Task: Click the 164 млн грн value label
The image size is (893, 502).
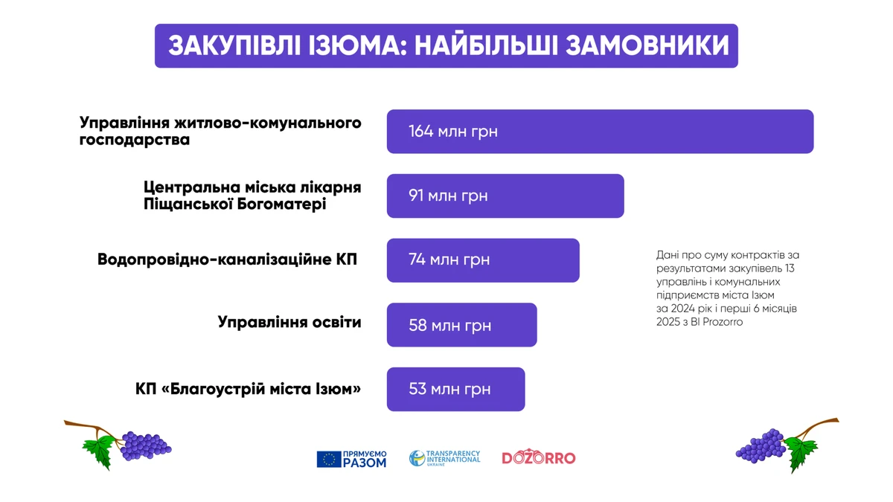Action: tap(453, 132)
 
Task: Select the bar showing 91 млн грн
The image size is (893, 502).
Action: tap(505, 196)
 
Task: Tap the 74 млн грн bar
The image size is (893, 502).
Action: tap(483, 260)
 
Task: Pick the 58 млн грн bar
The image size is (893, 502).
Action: tap(461, 325)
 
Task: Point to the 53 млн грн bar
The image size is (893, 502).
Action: tap(455, 389)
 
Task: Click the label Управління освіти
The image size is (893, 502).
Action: tap(289, 322)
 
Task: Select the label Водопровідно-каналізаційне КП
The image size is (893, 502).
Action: tap(227, 260)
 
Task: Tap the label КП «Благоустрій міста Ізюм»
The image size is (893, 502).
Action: tap(248, 388)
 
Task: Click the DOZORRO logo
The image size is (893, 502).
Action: tap(539, 457)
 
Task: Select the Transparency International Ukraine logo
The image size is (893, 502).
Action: tap(445, 458)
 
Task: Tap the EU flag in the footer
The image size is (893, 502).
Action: tap(329, 459)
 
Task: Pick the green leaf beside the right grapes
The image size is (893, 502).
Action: tap(801, 454)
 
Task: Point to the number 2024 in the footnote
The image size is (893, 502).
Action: tap(683, 309)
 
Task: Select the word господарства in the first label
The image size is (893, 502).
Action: tap(135, 140)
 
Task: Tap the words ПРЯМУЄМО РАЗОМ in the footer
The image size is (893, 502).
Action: tap(365, 459)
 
